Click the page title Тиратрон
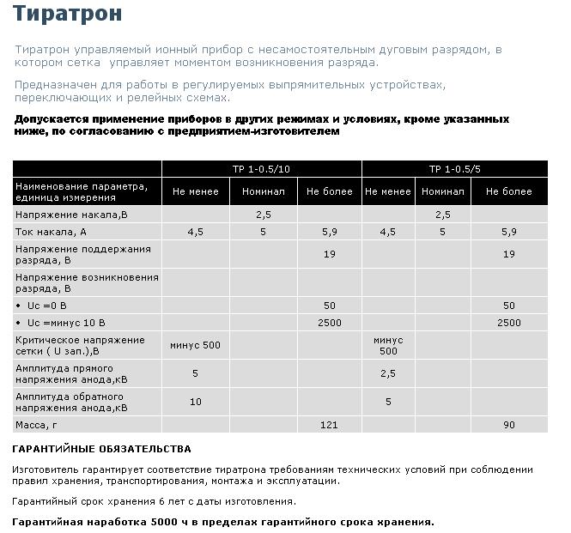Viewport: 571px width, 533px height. [67, 15]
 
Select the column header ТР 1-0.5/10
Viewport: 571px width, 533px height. [262, 168]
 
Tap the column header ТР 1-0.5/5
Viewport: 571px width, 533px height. [454, 168]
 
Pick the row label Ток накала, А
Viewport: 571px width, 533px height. [52, 232]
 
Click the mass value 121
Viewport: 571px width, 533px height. [329, 424]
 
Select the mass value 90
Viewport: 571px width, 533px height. [509, 424]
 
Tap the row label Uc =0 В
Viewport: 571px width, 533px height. [47, 306]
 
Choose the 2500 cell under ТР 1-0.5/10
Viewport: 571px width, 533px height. [329, 323]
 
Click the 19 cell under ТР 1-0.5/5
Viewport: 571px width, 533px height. [509, 254]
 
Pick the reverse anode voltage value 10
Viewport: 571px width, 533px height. [196, 402]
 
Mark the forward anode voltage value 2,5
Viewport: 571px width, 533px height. [387, 373]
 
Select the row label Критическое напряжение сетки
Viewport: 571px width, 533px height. [80, 345]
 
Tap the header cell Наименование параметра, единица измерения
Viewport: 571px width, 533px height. [82, 191]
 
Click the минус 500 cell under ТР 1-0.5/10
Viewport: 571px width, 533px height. [196, 345]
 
